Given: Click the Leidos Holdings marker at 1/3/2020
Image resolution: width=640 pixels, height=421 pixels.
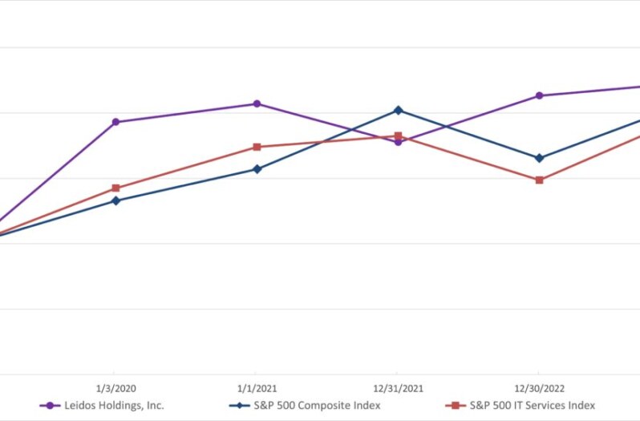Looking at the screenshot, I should [115, 122].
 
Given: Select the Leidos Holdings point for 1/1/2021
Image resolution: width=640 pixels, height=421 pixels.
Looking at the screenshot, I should [257, 103].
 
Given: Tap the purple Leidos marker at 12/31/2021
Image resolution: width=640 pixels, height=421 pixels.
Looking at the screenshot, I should [398, 142].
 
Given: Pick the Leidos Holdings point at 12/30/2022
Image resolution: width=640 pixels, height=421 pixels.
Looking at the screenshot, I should [539, 95].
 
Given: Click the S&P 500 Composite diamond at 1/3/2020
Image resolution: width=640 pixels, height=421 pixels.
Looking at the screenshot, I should [115, 200].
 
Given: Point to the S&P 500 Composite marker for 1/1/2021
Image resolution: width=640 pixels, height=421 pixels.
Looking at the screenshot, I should [257, 169].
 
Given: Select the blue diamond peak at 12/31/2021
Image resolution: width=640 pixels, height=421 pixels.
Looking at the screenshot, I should [398, 110].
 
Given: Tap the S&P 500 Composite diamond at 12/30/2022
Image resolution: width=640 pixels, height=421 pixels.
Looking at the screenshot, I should [539, 158].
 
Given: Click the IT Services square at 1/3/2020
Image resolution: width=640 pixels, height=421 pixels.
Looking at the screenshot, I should [115, 188].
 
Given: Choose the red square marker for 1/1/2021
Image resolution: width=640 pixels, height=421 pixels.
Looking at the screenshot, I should [257, 147].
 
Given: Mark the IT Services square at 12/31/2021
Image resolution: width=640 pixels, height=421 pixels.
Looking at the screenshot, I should [398, 136].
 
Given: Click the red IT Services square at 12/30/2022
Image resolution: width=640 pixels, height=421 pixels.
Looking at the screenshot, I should [539, 180].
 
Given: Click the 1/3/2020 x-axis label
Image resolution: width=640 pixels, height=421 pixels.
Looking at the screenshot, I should [115, 389].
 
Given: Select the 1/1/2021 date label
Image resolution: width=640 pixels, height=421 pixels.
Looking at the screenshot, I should [257, 389].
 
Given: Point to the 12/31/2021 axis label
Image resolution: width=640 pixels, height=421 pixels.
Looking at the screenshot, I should [398, 389].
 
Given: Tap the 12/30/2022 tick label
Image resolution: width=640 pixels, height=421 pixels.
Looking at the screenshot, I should [539, 389].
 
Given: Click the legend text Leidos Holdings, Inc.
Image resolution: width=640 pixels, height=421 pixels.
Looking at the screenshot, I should [114, 406].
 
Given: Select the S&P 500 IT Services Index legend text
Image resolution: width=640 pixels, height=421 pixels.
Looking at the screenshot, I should [532, 406].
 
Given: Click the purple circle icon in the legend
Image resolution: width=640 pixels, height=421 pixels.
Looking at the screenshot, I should [51, 406].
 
